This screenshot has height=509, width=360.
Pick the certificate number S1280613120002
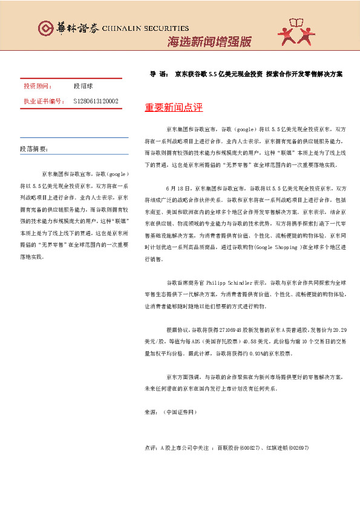tap(96, 101)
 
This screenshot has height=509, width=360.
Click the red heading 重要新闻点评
tap(174, 108)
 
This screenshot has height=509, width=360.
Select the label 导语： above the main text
tap(159, 74)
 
